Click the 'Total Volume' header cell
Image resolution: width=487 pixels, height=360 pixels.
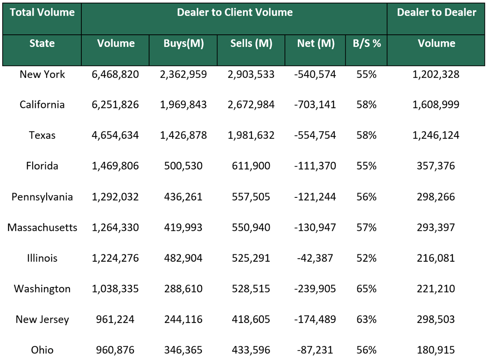[x=42, y=13]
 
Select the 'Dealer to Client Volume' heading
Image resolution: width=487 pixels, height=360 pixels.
[x=234, y=13]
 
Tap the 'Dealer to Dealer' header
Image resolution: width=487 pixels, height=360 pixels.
[x=437, y=13]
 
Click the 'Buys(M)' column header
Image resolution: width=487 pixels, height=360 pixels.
[x=183, y=43]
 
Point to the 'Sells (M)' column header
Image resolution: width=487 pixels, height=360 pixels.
[x=251, y=43]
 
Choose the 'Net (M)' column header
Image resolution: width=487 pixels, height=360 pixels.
[x=316, y=43]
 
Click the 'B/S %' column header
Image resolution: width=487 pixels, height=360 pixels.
[x=367, y=43]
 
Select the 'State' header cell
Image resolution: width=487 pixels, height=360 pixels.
[x=42, y=43]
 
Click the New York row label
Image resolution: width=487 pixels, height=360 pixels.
[x=42, y=74]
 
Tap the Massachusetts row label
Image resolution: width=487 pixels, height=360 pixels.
[x=42, y=227]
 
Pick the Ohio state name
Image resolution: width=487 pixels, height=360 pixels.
[x=42, y=350]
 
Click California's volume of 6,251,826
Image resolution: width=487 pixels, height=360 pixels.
[x=115, y=105]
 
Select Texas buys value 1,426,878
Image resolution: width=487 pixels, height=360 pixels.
[x=183, y=135]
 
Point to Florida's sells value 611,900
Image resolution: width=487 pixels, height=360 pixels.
[x=251, y=166]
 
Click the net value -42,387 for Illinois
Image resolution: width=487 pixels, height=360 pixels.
[x=316, y=258]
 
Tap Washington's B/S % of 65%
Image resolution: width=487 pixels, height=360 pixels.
[x=367, y=289]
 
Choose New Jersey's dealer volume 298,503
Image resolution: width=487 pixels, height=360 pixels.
[x=437, y=320]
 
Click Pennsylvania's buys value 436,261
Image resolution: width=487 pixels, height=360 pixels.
[x=183, y=197]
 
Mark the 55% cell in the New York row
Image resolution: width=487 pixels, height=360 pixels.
[x=367, y=74]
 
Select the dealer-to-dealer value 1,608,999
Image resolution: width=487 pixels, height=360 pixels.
[x=437, y=105]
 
